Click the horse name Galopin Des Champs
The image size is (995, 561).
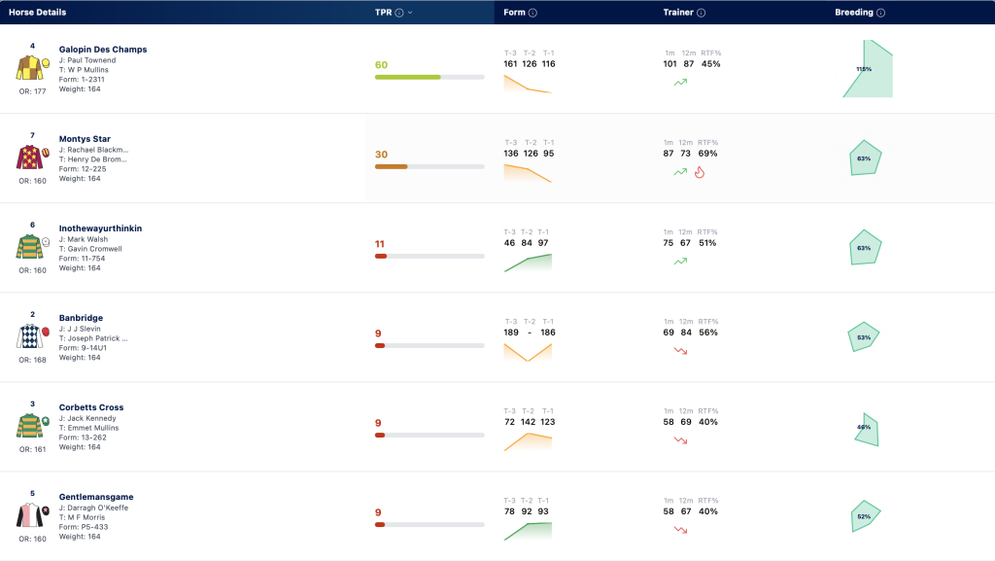103,50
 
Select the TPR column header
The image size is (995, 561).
383,12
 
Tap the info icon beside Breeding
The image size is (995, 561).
880,13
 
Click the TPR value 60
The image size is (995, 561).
381,65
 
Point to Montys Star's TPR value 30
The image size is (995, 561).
381,155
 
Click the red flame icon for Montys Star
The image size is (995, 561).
700,172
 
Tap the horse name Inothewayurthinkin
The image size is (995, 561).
100,228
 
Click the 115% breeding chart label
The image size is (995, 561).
864,69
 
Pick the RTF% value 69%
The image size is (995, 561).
707,154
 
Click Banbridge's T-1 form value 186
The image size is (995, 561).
548,333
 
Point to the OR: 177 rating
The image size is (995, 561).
32,91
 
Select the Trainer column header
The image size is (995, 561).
678,12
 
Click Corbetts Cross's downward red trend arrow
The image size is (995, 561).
680,439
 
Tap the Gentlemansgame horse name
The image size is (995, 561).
96,497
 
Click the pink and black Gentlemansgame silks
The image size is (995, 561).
30,515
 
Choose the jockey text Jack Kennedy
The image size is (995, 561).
92,418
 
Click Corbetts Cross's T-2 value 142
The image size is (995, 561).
528,422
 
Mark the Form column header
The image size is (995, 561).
515,12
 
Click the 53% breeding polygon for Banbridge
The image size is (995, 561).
864,337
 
